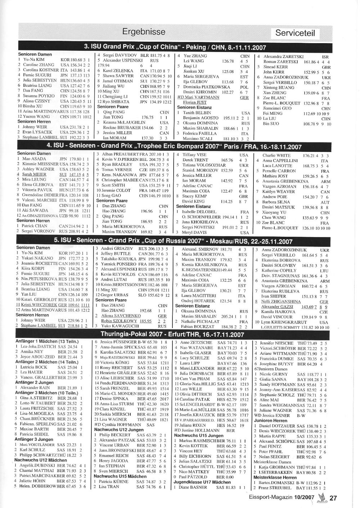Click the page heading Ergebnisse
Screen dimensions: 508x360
[x=144, y=31]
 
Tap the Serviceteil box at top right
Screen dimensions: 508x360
[x=295, y=33]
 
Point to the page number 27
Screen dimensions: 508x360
[x=333, y=498]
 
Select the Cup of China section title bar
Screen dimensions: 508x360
[x=175, y=47]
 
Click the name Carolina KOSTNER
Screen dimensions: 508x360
[x=38, y=70]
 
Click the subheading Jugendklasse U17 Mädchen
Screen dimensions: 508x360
[x=202, y=482]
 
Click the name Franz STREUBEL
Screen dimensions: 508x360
[x=276, y=488]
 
